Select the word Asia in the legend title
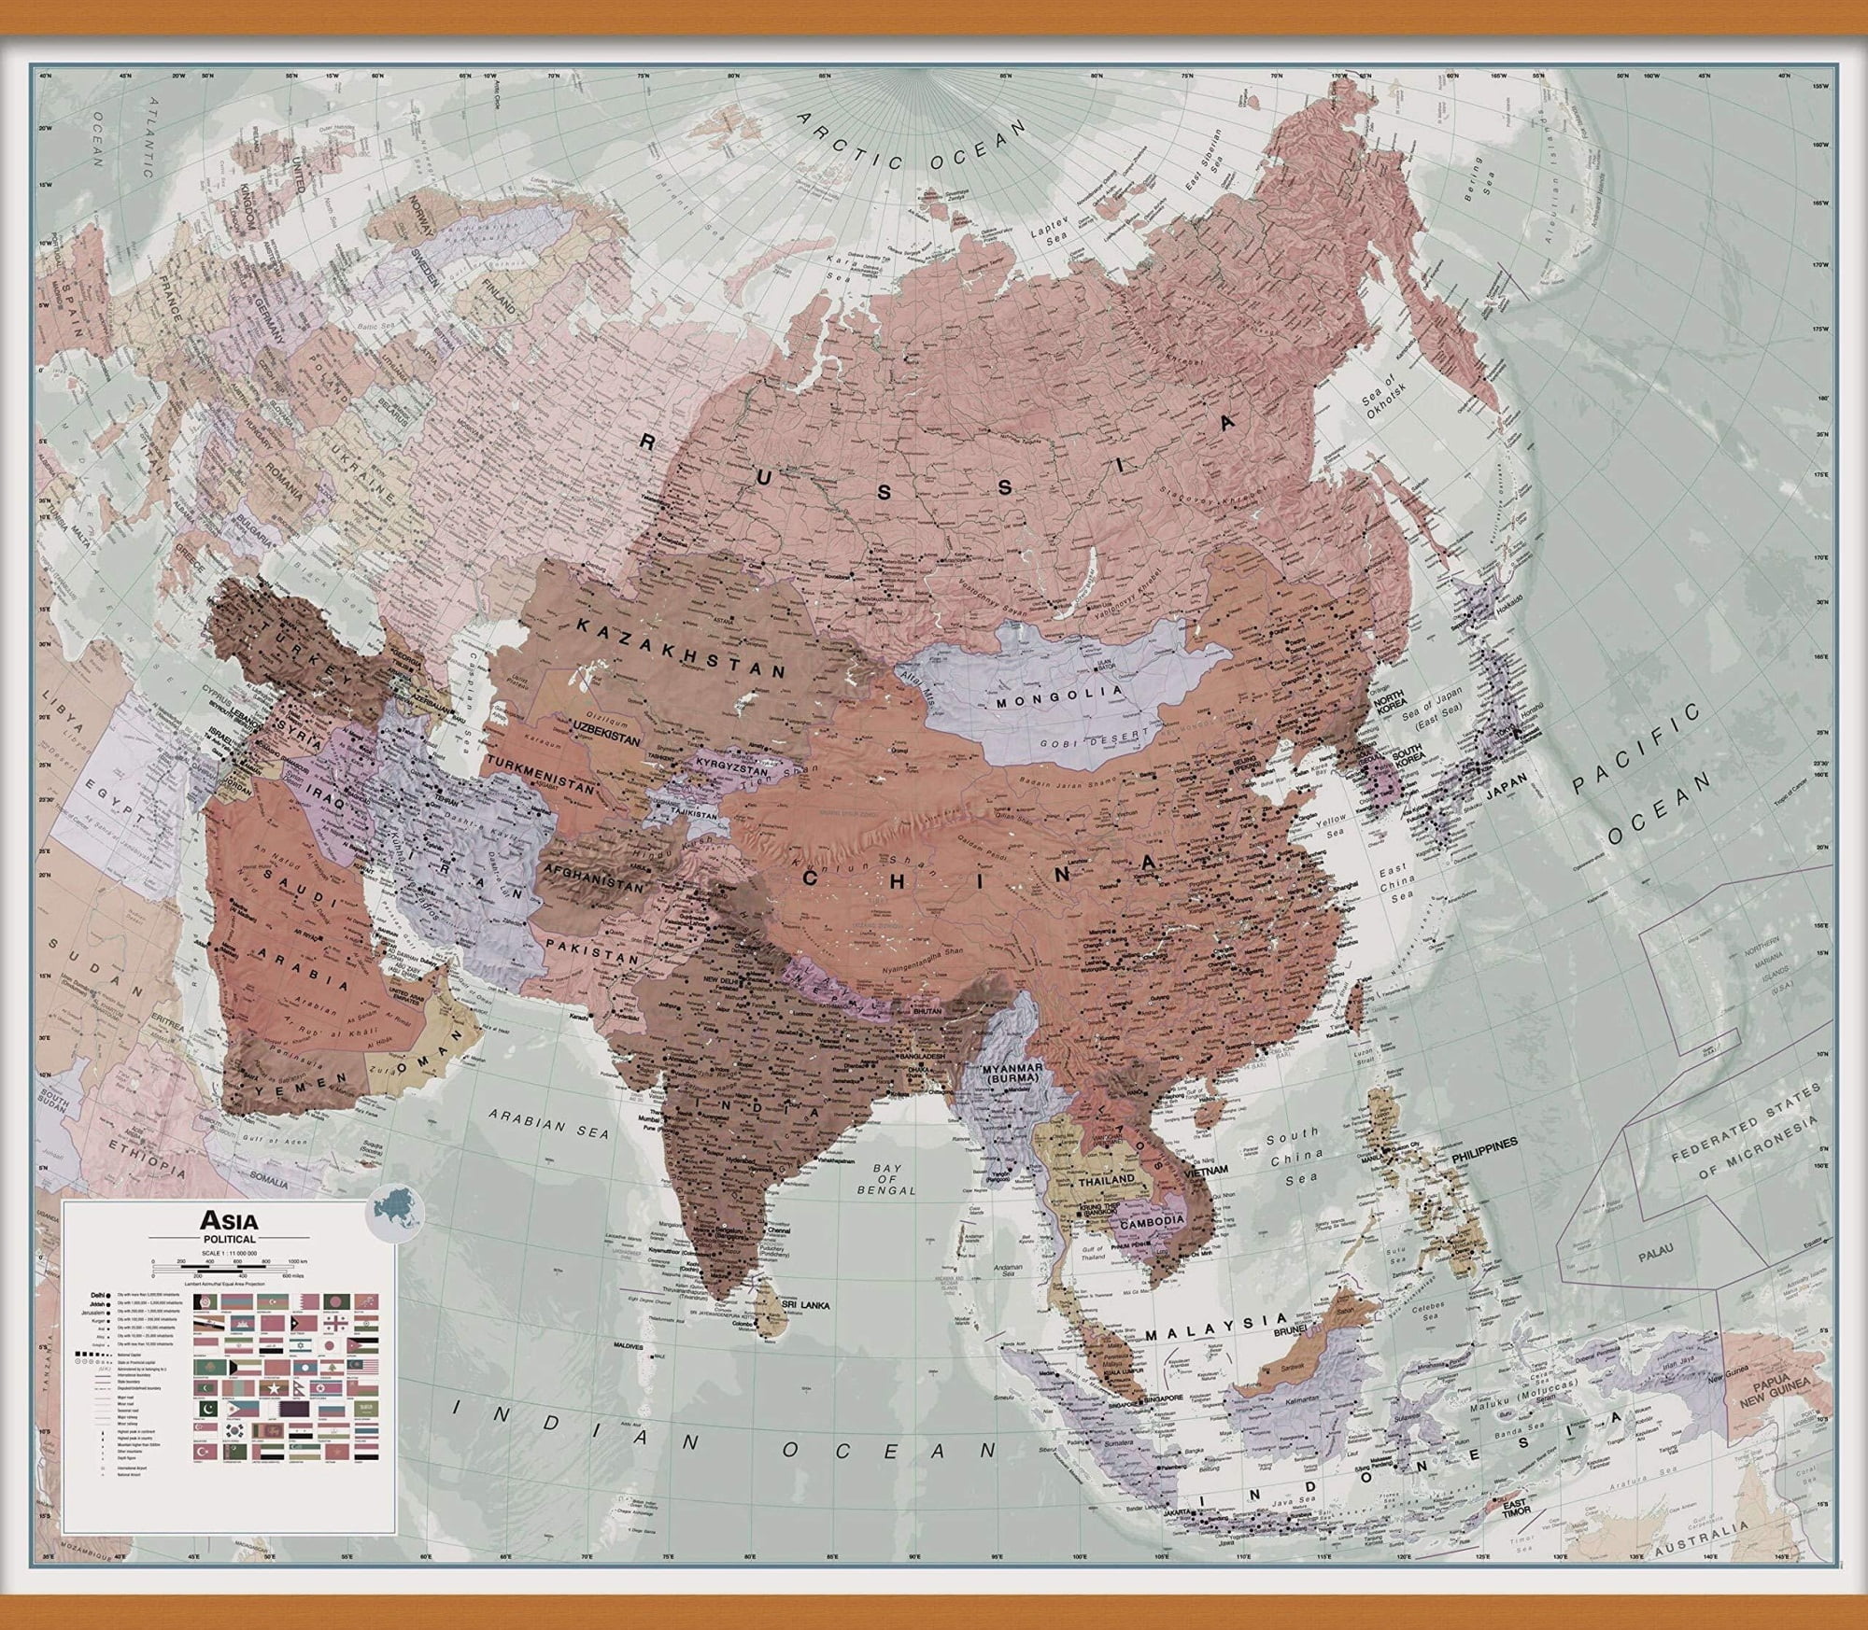coord(229,1219)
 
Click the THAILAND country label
coord(1106,1179)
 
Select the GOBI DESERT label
coord(1090,739)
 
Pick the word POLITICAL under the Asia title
coord(229,1238)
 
